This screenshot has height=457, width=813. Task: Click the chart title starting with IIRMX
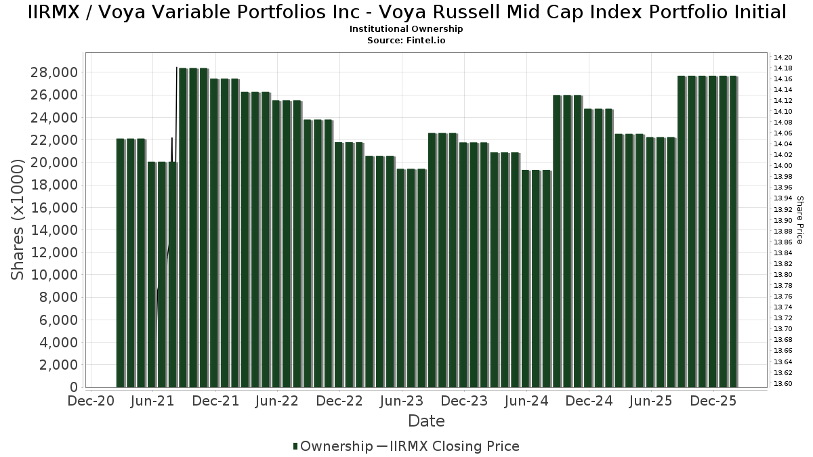point(406,12)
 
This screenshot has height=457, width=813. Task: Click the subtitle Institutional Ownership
point(406,29)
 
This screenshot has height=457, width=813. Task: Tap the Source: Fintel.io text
point(406,40)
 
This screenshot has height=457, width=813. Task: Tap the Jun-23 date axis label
point(402,401)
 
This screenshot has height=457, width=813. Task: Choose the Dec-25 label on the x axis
point(713,401)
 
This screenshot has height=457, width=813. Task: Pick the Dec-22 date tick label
point(340,401)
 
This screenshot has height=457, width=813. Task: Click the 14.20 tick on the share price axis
point(783,58)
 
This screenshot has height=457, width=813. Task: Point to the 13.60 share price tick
point(783,384)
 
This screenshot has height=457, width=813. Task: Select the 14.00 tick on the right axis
point(783,166)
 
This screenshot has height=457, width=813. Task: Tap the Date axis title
point(426,421)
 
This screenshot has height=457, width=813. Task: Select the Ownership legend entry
point(333,446)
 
